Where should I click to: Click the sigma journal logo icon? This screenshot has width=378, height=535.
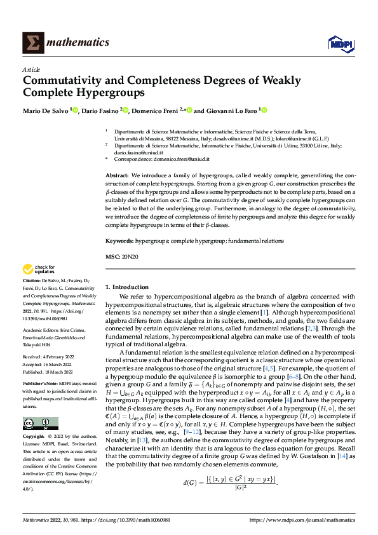click(32, 43)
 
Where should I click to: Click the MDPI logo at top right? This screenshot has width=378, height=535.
click(340, 43)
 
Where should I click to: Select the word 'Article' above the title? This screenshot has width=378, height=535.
click(31, 69)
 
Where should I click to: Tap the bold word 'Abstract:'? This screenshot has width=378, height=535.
click(117, 175)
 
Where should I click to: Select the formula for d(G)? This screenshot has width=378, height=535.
click(230, 483)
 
